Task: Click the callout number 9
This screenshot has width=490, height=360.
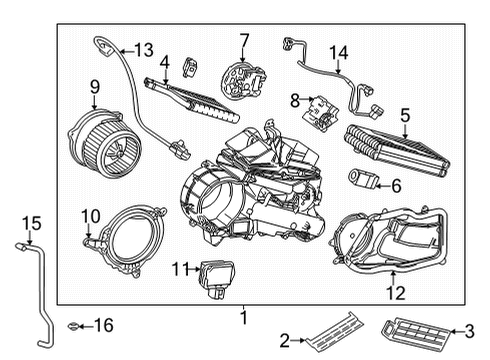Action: tap(95, 87)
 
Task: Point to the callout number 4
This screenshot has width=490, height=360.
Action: tap(165, 62)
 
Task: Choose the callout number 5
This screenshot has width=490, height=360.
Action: tap(404, 115)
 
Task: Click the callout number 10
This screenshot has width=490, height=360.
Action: tap(90, 215)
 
